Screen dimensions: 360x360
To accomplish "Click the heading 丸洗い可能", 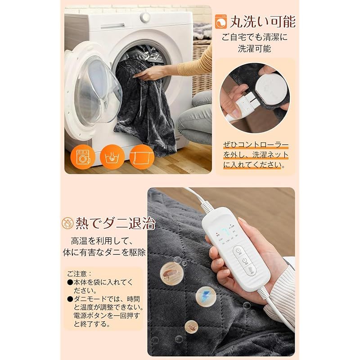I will tap(263, 21).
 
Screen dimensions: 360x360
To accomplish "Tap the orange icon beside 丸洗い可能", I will tap(221, 22).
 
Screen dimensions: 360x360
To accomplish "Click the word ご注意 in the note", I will tap(79, 273).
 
